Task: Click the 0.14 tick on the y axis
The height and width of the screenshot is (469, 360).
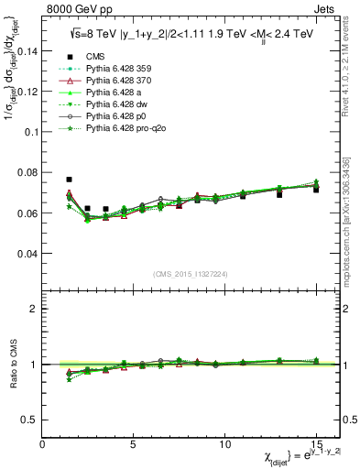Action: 29,51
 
